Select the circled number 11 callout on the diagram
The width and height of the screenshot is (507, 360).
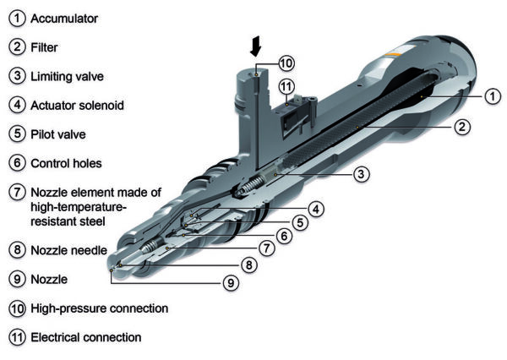(x=286, y=86)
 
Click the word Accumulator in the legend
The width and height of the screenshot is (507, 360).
(x=65, y=16)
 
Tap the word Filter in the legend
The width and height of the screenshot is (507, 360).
(x=44, y=46)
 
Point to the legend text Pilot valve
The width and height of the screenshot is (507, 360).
(x=58, y=134)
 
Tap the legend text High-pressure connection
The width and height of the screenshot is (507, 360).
(x=100, y=308)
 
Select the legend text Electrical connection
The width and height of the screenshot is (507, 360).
(x=85, y=337)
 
